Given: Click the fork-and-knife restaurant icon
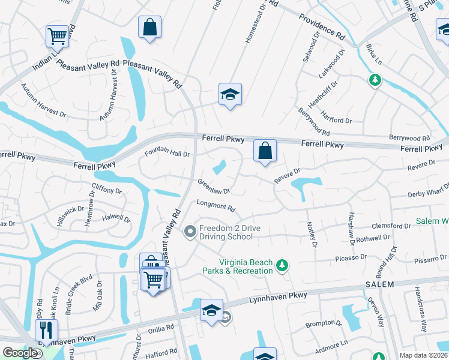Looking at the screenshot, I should (x=46, y=329).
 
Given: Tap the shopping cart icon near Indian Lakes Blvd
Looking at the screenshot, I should (x=58, y=35).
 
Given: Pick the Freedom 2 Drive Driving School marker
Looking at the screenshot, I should (x=190, y=231).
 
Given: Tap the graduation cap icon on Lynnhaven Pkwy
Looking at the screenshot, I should (x=211, y=310).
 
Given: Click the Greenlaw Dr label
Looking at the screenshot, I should (x=214, y=187).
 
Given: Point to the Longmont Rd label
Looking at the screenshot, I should (x=216, y=206).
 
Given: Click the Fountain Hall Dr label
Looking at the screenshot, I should (x=167, y=154).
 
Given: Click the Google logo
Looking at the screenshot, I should (x=20, y=353).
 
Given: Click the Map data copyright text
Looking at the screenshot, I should (x=423, y=355).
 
